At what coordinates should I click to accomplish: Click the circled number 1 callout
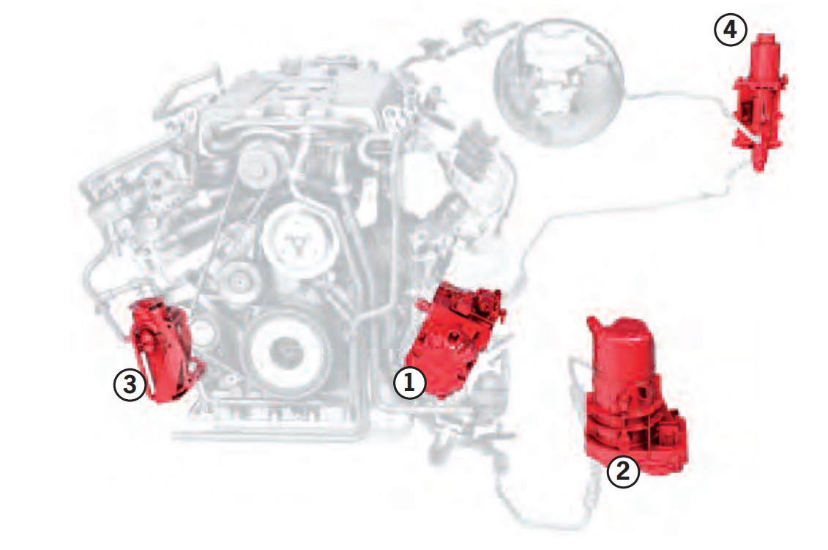tap(410, 382)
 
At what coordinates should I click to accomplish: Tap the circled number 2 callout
tap(623, 471)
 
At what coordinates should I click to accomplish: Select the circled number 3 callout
tap(130, 384)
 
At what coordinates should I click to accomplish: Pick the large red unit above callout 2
tap(634, 391)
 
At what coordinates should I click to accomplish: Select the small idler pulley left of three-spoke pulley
tap(239, 284)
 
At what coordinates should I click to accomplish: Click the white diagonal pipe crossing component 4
tap(749, 131)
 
